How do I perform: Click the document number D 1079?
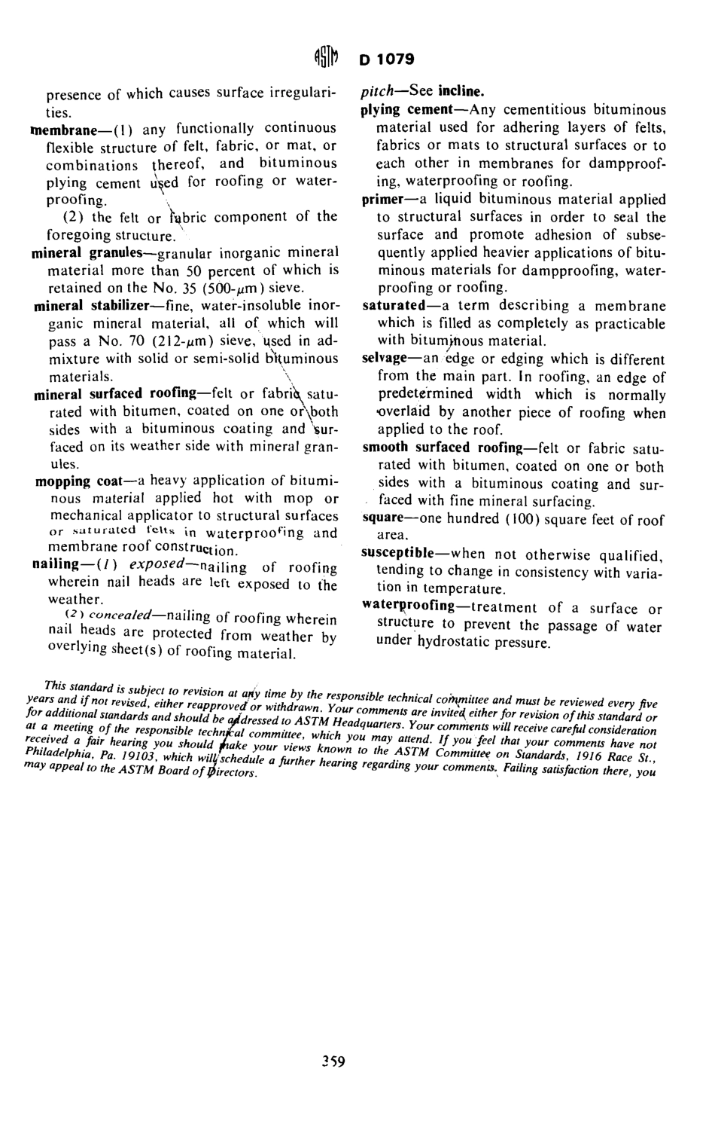tap(387, 59)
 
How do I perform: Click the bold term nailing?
tap(55, 564)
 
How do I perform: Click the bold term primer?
tap(385, 200)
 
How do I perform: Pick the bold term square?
tap(384, 518)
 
